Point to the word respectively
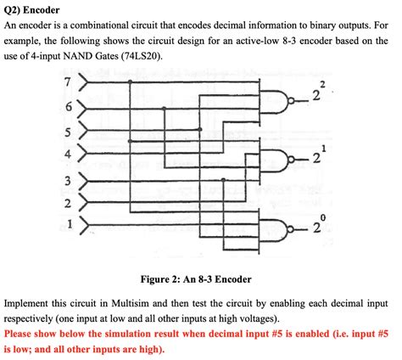pyautogui.click(x=33, y=318)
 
